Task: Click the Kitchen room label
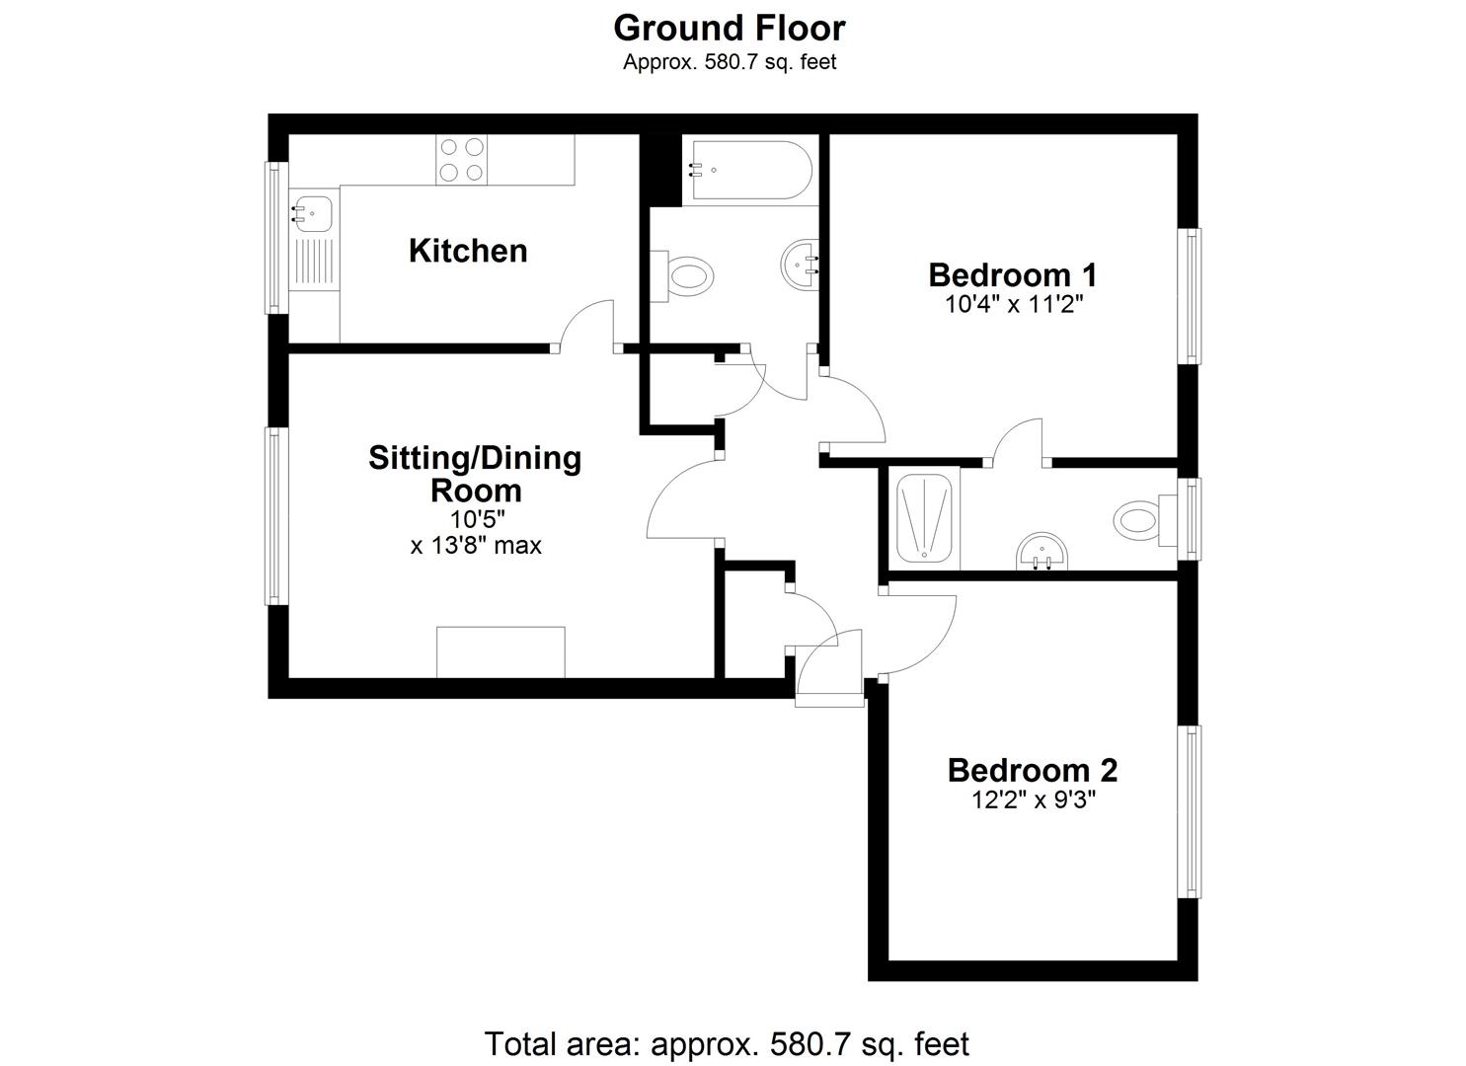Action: (x=468, y=251)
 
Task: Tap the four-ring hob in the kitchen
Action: (x=462, y=160)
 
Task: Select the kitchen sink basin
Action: (x=314, y=211)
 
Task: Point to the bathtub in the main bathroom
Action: (x=748, y=170)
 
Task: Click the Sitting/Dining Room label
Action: (x=475, y=474)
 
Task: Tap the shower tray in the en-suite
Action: (x=925, y=518)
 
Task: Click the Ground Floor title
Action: (x=729, y=29)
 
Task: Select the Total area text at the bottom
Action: (x=727, y=1043)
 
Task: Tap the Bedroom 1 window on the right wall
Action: (x=1192, y=296)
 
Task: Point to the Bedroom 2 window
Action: (x=1192, y=811)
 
